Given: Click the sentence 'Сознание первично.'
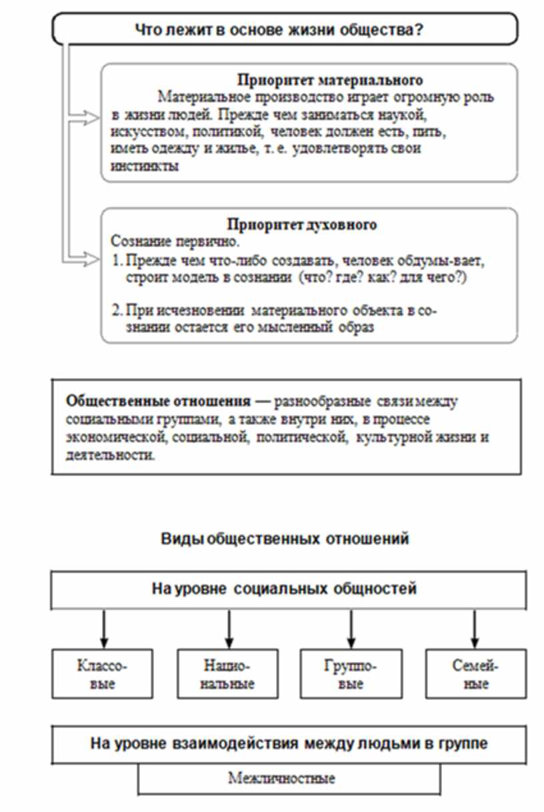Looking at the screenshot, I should [x=157, y=240].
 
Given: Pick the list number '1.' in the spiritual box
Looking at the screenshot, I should [x=115, y=260].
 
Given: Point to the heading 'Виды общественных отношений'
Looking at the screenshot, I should [x=284, y=539].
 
